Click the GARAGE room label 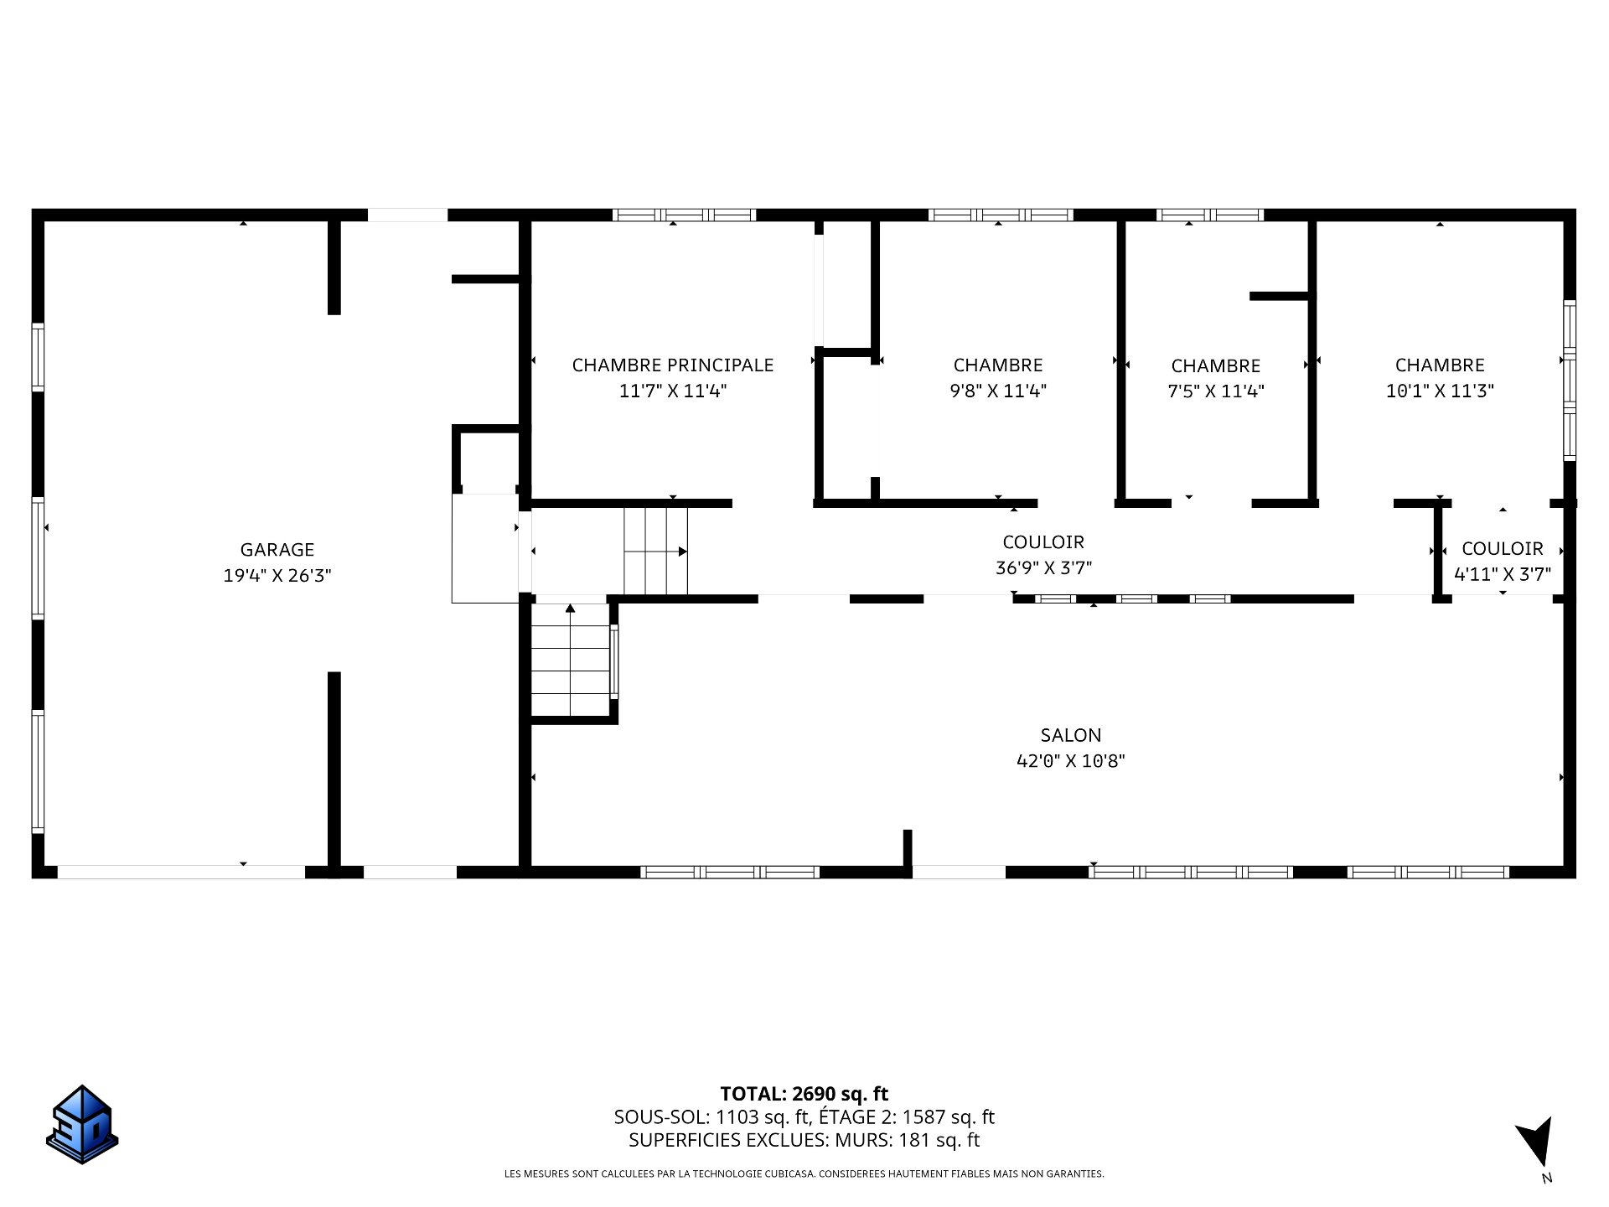pos(277,550)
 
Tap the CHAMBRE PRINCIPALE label pos(673,365)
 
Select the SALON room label pos(1071,735)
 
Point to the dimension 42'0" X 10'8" pos(1071,761)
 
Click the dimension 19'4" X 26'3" pos(277,576)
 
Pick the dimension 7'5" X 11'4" pos(1216,391)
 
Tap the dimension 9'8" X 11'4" pos(998,391)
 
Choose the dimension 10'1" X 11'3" pos(1440,391)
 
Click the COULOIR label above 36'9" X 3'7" pos(1043,542)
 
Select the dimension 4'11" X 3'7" pos(1503,574)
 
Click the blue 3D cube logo pos(82,1124)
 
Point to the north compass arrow pos(1537,1142)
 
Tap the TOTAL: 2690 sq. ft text pos(804,1094)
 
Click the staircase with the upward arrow pos(571,660)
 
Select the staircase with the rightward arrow pos(655,551)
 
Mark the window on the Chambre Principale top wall pos(684,215)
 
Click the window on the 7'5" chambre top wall pos(1209,215)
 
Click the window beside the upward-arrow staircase pos(614,662)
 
